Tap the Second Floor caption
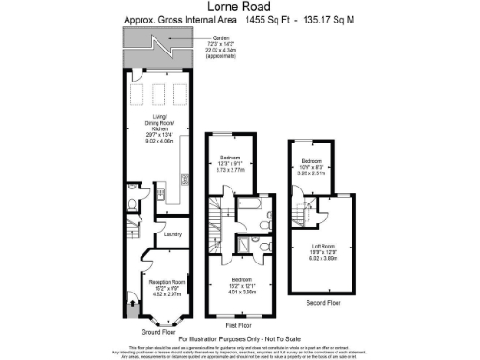click(323, 302)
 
